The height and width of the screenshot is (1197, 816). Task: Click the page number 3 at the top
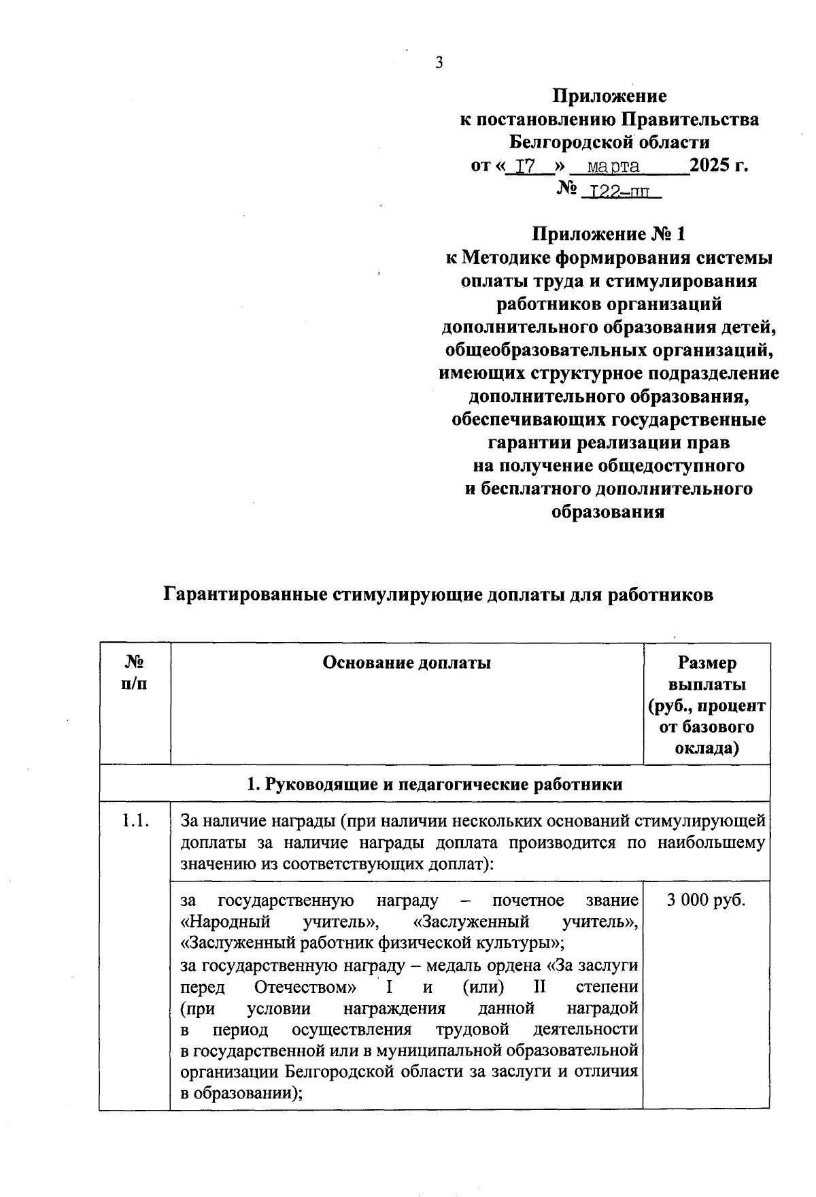(x=439, y=63)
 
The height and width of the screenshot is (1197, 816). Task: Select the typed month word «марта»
(x=613, y=166)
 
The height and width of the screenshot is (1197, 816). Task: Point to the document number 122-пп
(x=622, y=192)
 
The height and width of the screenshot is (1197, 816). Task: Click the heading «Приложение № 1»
(x=608, y=235)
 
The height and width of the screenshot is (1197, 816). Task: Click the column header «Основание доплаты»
(x=407, y=662)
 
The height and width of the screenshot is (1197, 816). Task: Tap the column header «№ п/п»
(x=135, y=673)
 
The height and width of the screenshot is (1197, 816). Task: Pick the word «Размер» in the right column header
(x=707, y=662)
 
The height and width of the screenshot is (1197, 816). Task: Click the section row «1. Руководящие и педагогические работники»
(x=435, y=784)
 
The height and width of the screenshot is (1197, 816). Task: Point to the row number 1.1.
(x=134, y=821)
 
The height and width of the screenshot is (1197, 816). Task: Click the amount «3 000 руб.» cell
(x=707, y=900)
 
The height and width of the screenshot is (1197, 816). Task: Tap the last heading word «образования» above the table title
(x=607, y=512)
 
